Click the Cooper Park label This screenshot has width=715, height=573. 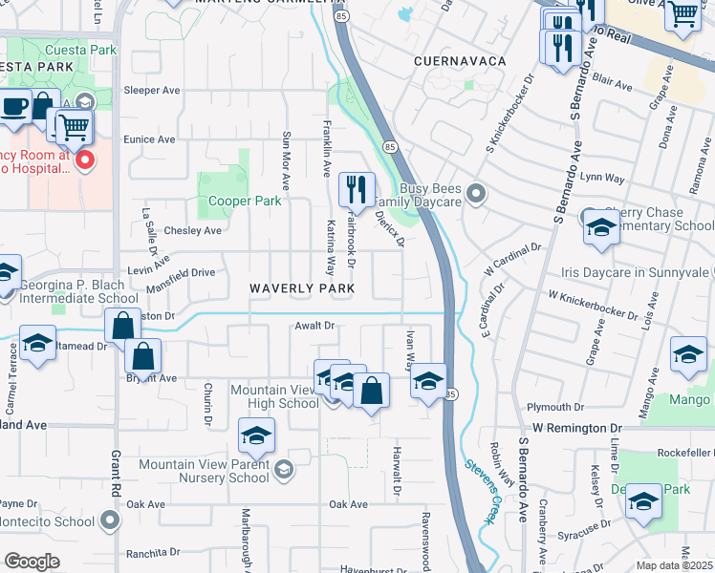pos(246,202)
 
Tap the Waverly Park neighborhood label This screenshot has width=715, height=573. pos(302,288)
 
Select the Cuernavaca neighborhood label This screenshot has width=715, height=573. pos(459,60)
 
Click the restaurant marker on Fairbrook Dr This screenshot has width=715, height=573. pos(357,188)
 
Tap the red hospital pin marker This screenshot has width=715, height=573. pos(84,159)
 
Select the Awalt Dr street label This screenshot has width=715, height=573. pos(314,326)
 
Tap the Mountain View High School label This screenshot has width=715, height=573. pos(273,396)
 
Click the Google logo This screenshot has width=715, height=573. pos(32,562)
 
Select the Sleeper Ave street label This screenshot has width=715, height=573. pos(152,91)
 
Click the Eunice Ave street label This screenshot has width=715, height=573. pos(150,139)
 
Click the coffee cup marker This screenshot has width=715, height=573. pos(13,107)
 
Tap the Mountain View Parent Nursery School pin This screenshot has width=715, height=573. pos(283,470)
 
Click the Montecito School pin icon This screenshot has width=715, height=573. pos(111,521)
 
